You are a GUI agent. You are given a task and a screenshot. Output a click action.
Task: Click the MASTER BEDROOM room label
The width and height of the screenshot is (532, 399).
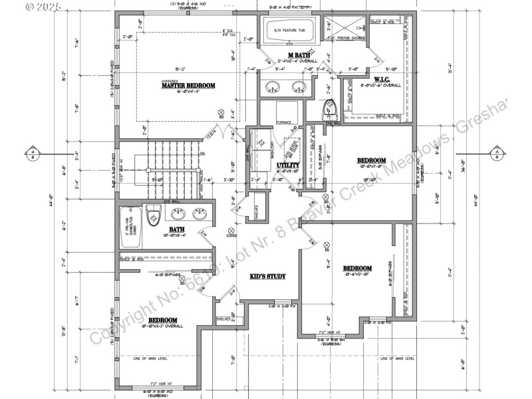(x=188, y=85)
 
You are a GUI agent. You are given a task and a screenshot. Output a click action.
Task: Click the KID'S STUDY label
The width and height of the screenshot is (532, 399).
(x=268, y=275)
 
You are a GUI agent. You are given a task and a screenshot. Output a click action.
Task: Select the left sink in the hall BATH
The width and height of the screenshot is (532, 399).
(x=178, y=214)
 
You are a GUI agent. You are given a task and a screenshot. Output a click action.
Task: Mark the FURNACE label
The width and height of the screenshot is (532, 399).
(x=285, y=123)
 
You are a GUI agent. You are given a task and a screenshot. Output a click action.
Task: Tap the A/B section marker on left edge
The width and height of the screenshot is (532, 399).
(x=32, y=154)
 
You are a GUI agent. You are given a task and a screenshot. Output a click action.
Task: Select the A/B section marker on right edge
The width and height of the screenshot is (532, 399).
(x=496, y=154)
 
